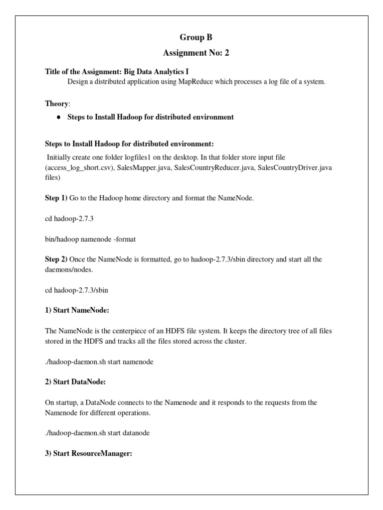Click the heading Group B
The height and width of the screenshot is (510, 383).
pyautogui.click(x=191, y=37)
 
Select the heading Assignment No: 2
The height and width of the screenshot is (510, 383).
pyautogui.click(x=191, y=53)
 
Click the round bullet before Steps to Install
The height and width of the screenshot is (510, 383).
pyautogui.click(x=58, y=117)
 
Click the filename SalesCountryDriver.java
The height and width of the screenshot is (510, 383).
pyautogui.click(x=297, y=167)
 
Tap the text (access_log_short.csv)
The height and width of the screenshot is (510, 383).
pyautogui.click(x=79, y=167)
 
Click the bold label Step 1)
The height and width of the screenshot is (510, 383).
pyautogui.click(x=56, y=198)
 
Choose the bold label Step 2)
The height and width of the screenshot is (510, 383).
pyautogui.click(x=56, y=259)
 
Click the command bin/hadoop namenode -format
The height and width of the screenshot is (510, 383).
pyautogui.click(x=90, y=239)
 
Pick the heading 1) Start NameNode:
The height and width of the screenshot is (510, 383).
pyautogui.click(x=77, y=310)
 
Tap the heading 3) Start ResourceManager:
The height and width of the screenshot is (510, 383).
pyautogui.click(x=88, y=454)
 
